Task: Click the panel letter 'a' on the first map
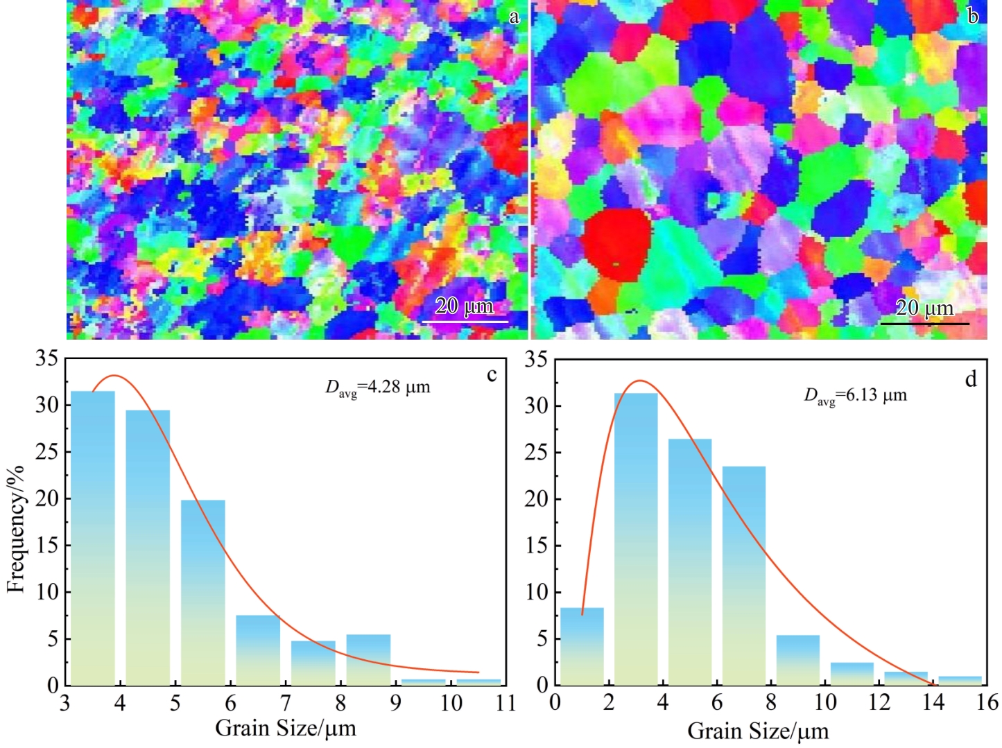click(x=514, y=17)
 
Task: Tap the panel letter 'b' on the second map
click(x=972, y=16)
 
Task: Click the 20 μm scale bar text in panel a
click(x=465, y=306)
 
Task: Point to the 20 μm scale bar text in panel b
click(x=924, y=307)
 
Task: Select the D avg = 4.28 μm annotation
click(x=378, y=388)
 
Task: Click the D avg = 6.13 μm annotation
click(x=856, y=396)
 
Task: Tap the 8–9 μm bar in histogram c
click(x=368, y=659)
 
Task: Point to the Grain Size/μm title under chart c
click(x=286, y=729)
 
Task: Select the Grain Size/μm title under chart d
click(x=758, y=731)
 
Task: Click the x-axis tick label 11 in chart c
click(x=506, y=703)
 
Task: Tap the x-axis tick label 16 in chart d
click(x=987, y=702)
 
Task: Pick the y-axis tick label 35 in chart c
click(x=48, y=359)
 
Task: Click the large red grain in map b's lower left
click(x=616, y=243)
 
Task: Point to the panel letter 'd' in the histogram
click(x=971, y=379)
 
